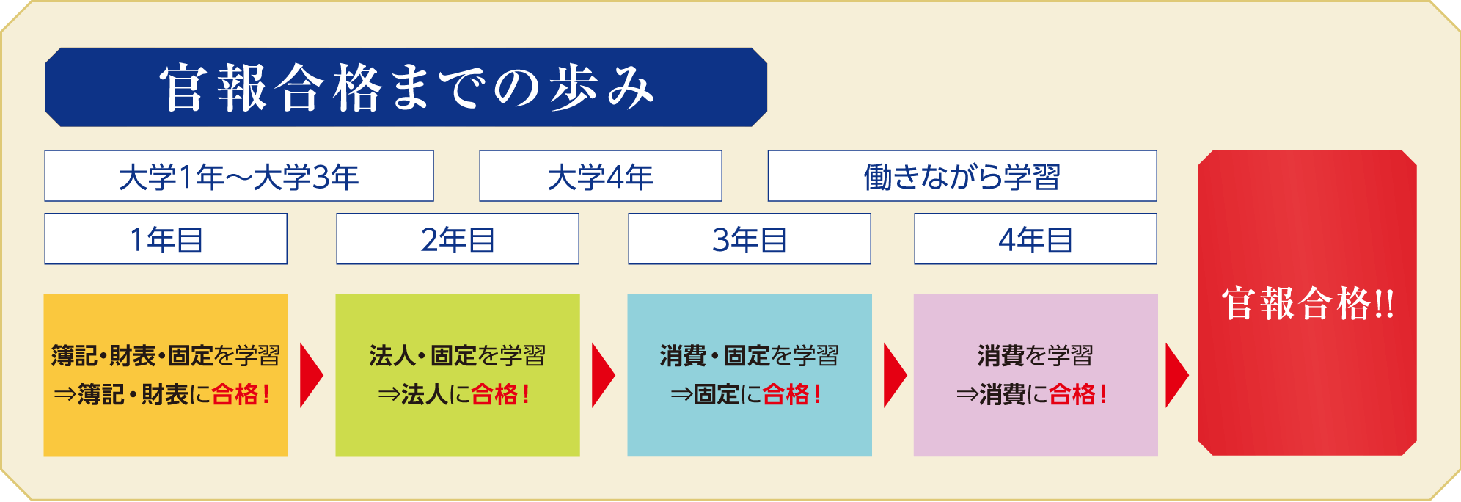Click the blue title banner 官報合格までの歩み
406,87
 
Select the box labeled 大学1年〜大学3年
239,176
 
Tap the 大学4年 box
601,176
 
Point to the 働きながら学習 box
962,176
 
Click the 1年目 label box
166,239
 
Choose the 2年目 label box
458,239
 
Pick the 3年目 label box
750,239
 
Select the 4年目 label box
1036,239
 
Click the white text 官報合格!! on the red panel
1308,304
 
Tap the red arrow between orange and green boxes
310,375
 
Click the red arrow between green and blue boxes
602,375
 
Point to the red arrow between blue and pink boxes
894,375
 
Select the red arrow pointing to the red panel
1176,375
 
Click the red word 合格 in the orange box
235,395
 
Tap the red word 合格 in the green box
494,395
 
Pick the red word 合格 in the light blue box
786,395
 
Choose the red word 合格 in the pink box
1072,395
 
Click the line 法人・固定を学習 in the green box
458,356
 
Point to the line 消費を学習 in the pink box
1036,356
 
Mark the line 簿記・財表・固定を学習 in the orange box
166,356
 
